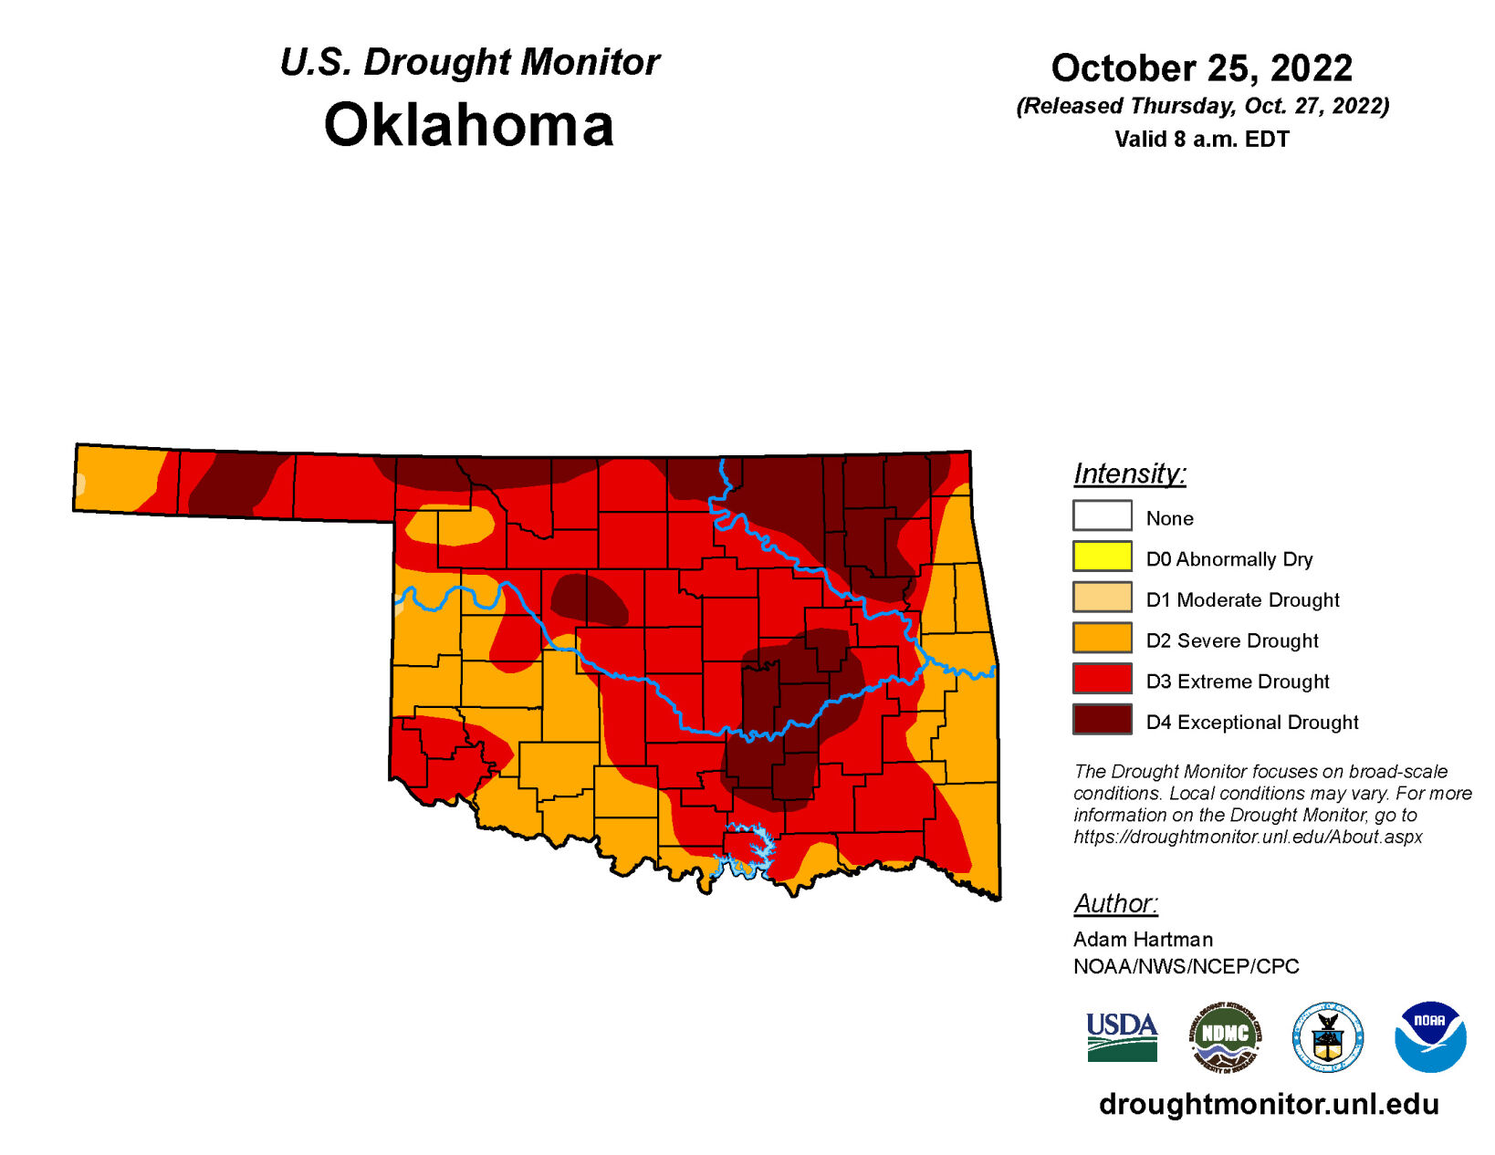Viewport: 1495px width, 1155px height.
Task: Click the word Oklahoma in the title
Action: coord(468,125)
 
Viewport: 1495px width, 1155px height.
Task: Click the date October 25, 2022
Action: coord(1201,68)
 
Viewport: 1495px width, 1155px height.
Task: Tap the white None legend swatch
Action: coord(1102,515)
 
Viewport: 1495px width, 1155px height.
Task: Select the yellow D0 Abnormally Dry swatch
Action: coord(1102,557)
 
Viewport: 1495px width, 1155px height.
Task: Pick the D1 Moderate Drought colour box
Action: coord(1102,598)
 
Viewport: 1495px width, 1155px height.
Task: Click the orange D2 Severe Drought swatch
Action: coord(1102,638)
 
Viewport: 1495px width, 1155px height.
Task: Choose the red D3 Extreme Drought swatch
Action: coord(1102,679)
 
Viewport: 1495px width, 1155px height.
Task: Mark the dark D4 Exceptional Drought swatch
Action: coord(1102,719)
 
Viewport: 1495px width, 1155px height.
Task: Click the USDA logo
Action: coord(1122,1037)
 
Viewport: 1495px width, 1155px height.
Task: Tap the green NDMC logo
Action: coord(1225,1036)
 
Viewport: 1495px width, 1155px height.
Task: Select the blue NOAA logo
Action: coord(1429,1036)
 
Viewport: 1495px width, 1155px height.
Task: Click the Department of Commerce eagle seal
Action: coord(1327,1037)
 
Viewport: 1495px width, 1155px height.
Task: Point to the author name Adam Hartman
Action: coord(1143,939)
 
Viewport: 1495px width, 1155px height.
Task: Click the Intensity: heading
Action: coord(1129,473)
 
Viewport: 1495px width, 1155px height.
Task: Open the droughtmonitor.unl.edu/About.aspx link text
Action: coord(1248,837)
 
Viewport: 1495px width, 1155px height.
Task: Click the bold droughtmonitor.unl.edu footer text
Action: coord(1269,1104)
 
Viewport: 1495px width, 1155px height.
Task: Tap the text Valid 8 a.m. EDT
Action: coord(1201,140)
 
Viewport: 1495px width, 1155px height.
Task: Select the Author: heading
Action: coord(1115,903)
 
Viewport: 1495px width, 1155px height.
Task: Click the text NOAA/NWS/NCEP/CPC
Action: coord(1186,966)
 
